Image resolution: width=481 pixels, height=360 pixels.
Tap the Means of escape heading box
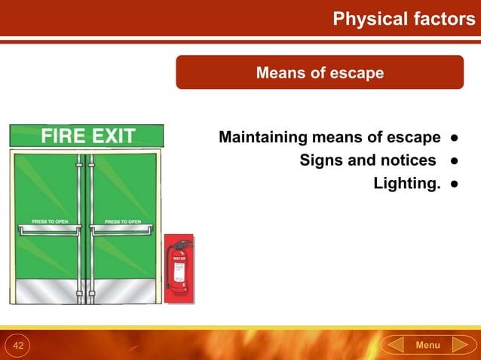[320, 73]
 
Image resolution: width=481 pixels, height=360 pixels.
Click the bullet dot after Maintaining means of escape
[455, 139]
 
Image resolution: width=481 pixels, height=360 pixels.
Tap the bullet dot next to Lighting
[455, 184]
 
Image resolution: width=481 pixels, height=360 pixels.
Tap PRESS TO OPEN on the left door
[50, 221]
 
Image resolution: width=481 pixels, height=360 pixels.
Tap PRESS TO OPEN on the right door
[123, 221]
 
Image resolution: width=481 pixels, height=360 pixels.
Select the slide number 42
[19, 345]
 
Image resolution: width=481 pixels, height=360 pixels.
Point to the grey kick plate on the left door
[45, 289]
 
